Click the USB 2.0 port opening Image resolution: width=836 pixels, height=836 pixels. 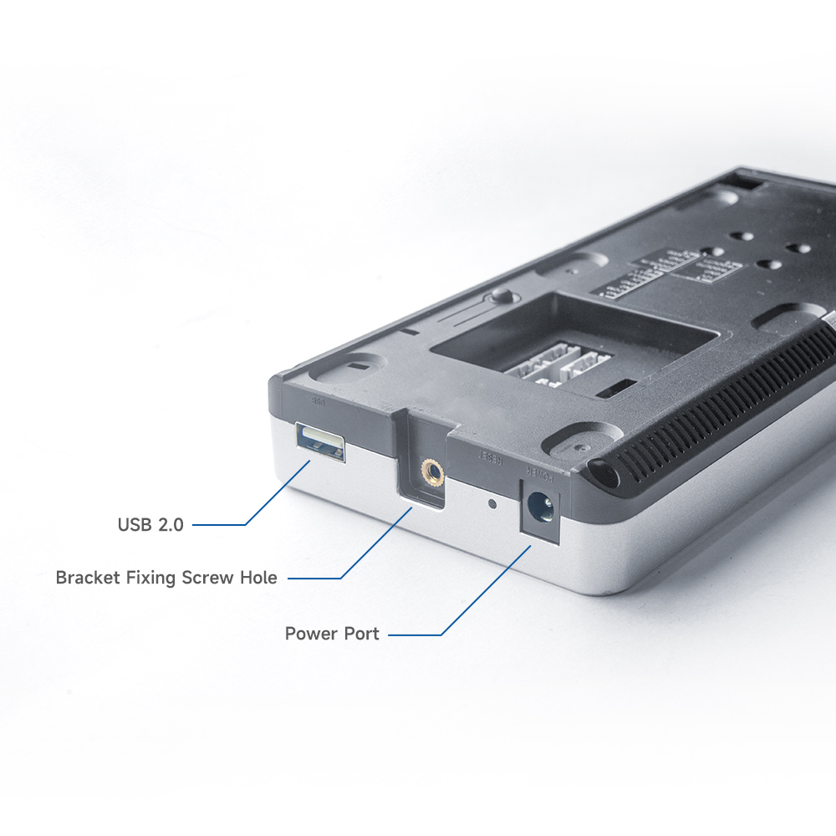320,441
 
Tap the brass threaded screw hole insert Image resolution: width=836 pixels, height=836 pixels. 432,473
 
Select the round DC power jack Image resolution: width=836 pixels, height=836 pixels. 540,507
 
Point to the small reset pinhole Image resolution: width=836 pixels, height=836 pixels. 492,504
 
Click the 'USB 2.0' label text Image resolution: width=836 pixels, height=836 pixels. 150,525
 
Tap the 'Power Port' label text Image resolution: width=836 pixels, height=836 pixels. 332,634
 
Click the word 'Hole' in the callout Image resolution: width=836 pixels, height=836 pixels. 257,578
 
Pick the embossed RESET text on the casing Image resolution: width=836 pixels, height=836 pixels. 489,457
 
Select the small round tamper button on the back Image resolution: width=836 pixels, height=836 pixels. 502,295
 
